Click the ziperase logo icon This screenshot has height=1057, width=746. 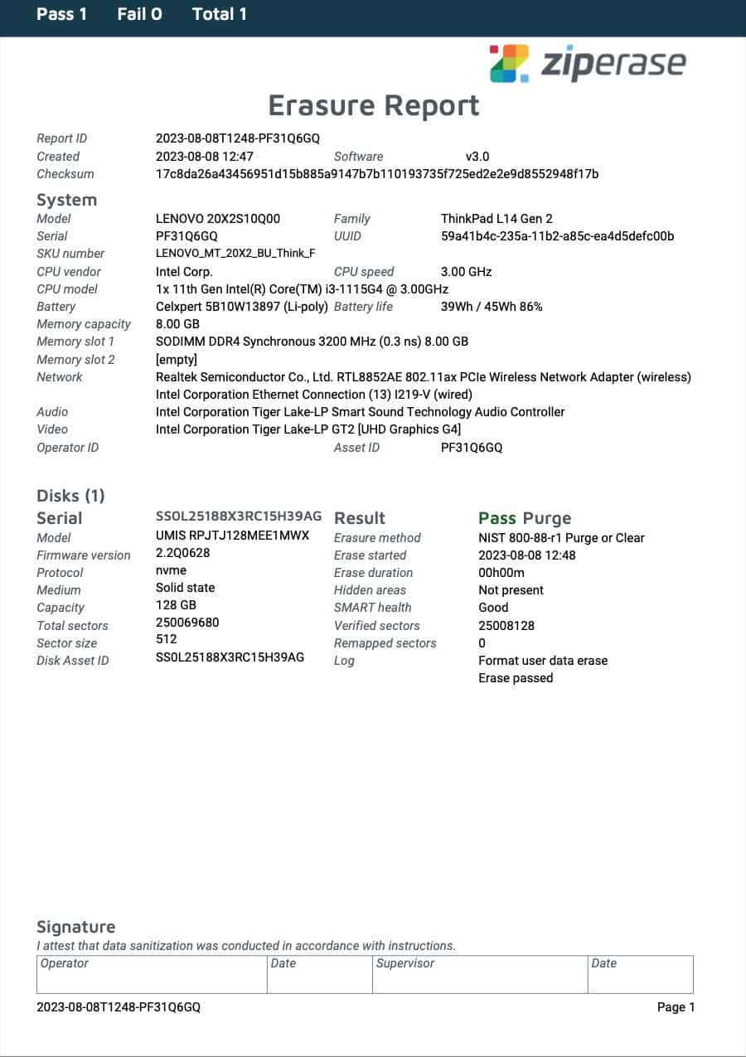(x=509, y=63)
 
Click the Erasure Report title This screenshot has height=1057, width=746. (x=374, y=105)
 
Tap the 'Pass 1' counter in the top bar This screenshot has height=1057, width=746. (x=61, y=14)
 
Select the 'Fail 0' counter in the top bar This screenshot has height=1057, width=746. (x=139, y=14)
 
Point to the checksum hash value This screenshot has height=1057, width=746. (x=377, y=174)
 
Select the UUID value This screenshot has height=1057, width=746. (x=557, y=236)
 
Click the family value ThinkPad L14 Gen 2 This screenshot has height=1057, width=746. (x=497, y=219)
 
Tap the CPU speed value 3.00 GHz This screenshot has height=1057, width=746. (x=466, y=271)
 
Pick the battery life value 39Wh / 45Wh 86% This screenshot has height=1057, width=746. (x=492, y=307)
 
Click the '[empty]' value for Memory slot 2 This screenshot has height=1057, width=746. (x=176, y=360)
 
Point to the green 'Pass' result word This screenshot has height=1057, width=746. (x=497, y=518)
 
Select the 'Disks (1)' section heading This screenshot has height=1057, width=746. (x=70, y=496)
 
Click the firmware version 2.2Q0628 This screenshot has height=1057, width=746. (x=182, y=554)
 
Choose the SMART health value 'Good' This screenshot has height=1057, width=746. (x=493, y=608)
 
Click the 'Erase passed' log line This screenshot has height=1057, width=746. (x=516, y=678)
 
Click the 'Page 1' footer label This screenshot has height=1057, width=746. (x=676, y=1007)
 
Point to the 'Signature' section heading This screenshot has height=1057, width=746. (x=75, y=927)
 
